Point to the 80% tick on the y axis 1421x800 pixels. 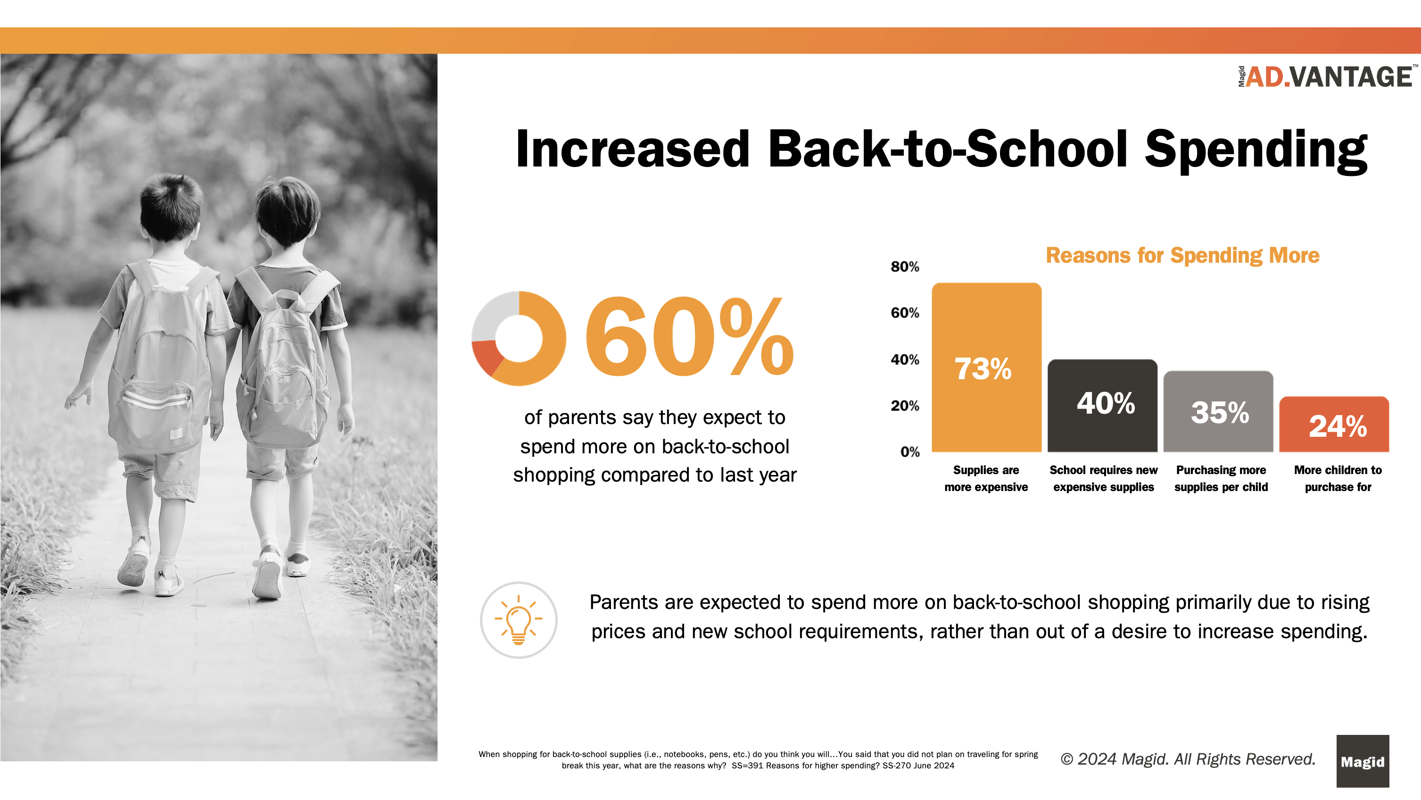(x=905, y=267)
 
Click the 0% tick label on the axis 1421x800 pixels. (x=909, y=452)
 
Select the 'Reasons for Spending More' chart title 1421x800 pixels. (x=1182, y=256)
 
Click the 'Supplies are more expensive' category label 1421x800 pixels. (x=986, y=478)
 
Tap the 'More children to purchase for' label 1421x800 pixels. (x=1338, y=478)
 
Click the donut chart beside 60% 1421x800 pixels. (x=519, y=338)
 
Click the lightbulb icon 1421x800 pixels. (x=519, y=620)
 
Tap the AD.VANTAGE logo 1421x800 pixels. (x=1327, y=77)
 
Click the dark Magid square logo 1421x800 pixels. (x=1362, y=761)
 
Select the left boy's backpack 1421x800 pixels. (x=160, y=358)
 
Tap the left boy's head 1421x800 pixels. (x=171, y=207)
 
